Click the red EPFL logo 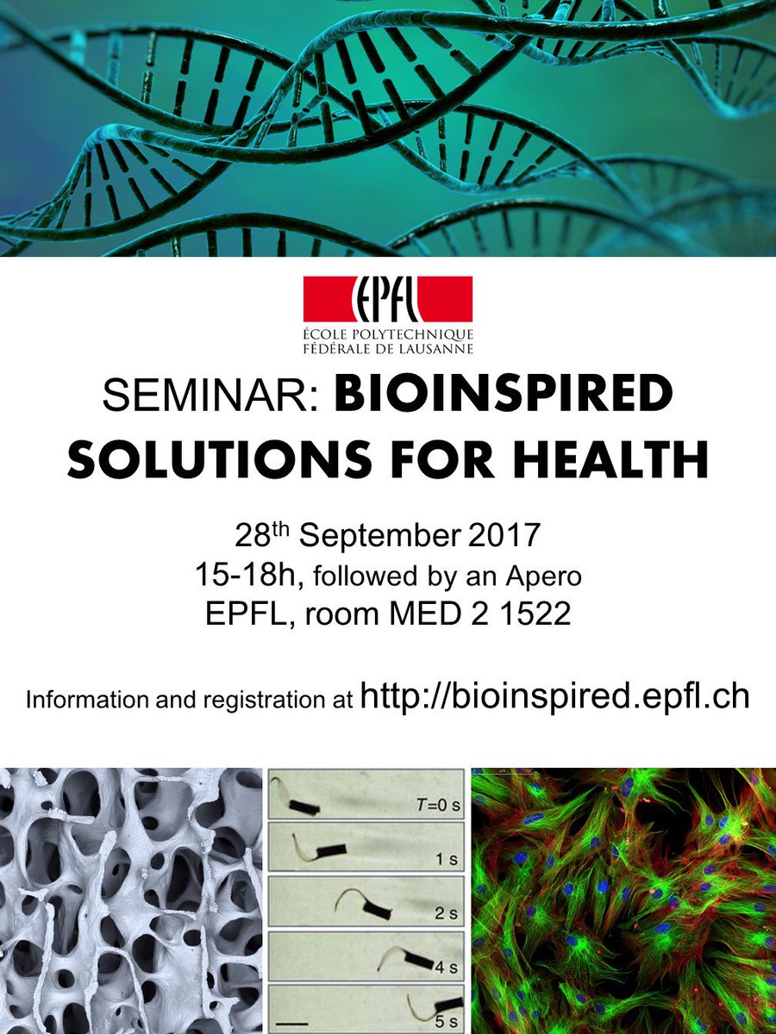tap(387, 299)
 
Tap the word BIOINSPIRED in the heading tap(503, 396)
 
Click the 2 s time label tap(444, 913)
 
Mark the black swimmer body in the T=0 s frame tap(304, 807)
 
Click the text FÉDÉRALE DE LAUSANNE tap(387, 348)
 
